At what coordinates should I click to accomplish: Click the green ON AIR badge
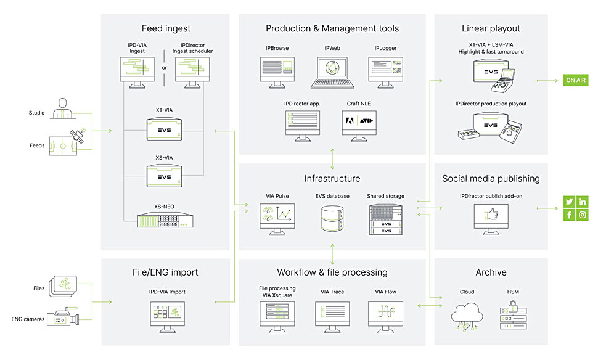pos(576,80)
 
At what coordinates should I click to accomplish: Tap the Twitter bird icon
pos(569,202)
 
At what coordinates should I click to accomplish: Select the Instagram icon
pos(583,215)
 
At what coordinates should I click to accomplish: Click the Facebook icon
pos(569,215)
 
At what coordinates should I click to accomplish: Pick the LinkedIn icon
pos(583,202)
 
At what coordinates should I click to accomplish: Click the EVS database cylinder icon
pos(332,218)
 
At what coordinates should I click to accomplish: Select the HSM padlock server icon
pos(513,315)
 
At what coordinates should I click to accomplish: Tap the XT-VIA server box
pos(165,129)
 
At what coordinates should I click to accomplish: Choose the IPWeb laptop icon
pos(332,73)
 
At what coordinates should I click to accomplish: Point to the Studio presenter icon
pos(62,108)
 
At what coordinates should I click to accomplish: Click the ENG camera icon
pos(63,316)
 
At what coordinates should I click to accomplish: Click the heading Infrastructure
pos(332,179)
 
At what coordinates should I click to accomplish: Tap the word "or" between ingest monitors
pos(165,68)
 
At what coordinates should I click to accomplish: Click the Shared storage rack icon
pos(385,219)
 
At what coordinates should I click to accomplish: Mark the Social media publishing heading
pos(491,179)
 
